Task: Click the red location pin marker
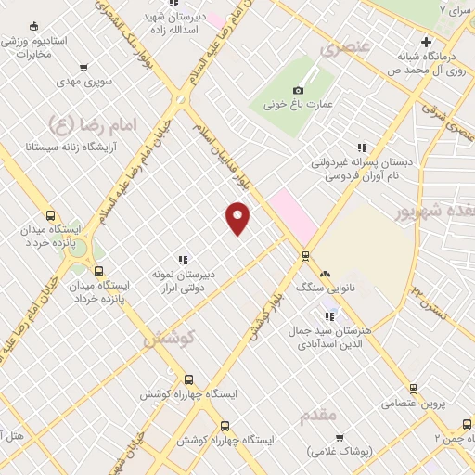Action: (x=238, y=219)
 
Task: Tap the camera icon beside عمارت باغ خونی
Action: (x=298, y=90)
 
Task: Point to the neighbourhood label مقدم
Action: (x=318, y=416)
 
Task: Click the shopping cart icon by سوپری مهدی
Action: (x=84, y=67)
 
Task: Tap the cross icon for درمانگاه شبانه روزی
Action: (x=426, y=42)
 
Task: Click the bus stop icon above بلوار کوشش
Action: (x=305, y=255)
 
